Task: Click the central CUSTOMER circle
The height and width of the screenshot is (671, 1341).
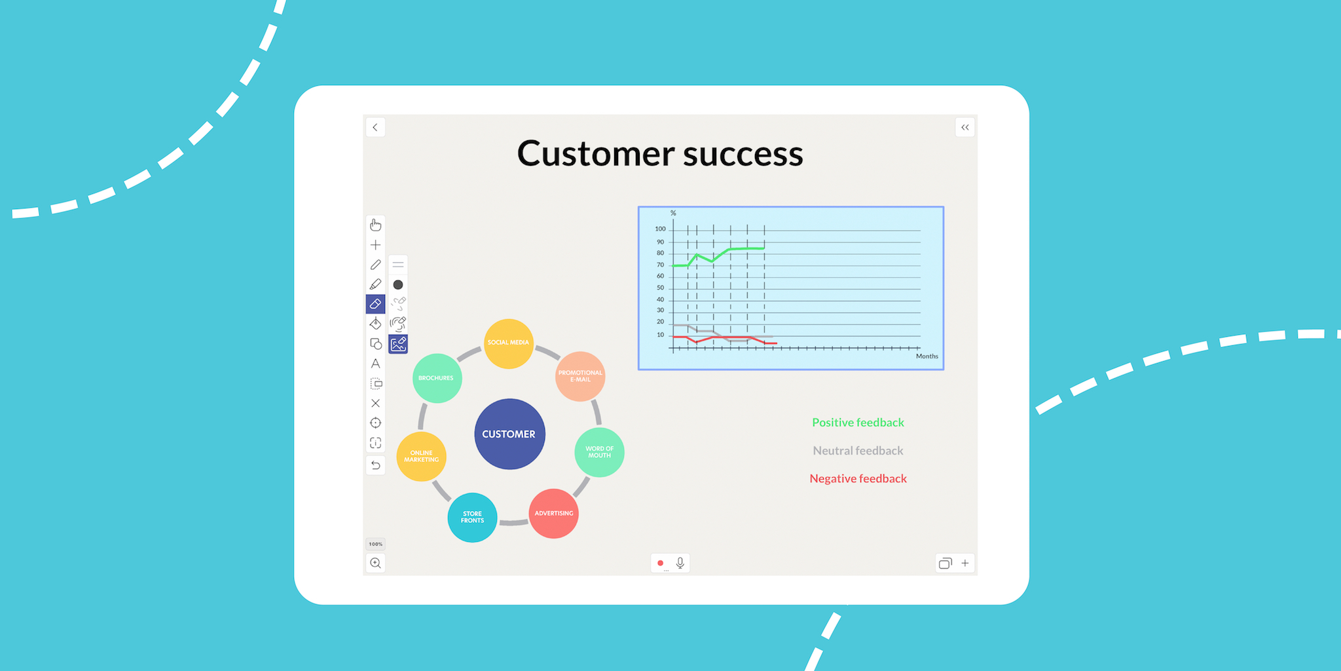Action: coord(509,434)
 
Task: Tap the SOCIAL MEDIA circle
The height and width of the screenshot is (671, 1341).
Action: coord(509,343)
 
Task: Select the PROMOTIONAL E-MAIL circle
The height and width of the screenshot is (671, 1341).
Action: coord(580,376)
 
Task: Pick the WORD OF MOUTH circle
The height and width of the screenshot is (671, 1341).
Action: coord(599,452)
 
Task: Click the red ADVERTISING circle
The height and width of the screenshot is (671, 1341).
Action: coord(554,514)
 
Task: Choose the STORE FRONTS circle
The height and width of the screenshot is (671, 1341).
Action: coord(472,518)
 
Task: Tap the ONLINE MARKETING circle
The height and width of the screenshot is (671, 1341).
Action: coord(422,456)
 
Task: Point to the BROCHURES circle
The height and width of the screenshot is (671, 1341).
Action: coord(437,378)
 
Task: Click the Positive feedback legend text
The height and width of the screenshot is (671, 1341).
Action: coord(858,423)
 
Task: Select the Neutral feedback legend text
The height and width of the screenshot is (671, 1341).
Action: coord(858,451)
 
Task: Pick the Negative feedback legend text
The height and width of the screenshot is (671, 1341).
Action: coord(858,479)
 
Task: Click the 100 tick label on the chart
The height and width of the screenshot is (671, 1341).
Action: coord(660,229)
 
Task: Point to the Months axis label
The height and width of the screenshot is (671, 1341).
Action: coord(927,356)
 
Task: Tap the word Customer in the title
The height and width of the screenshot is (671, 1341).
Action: coord(596,154)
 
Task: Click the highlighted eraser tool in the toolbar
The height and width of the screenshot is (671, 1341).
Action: coord(375,304)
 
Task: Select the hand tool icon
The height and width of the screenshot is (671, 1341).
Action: coord(375,225)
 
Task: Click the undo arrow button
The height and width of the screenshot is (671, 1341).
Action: coord(375,465)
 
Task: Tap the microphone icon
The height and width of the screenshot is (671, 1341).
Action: coord(680,563)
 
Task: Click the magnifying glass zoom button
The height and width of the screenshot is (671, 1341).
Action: coord(375,563)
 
